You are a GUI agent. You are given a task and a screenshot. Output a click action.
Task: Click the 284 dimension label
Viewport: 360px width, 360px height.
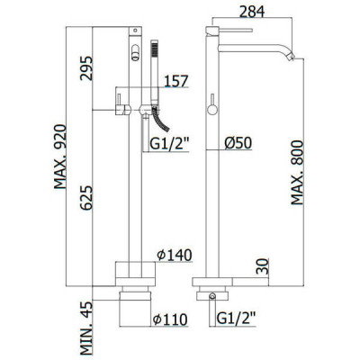coord(252,12)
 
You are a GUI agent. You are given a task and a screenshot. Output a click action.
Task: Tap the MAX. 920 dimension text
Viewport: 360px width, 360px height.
coord(60,157)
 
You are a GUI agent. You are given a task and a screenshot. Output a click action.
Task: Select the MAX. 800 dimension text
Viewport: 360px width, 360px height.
coord(297,173)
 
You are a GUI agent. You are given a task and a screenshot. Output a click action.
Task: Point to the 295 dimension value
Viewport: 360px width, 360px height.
coord(86,68)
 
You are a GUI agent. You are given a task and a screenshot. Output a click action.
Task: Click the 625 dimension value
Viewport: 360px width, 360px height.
coord(86,198)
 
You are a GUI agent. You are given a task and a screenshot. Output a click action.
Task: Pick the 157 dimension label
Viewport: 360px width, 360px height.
coord(176,81)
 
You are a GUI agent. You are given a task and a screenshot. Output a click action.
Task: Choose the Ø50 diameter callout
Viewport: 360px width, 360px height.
coord(238,143)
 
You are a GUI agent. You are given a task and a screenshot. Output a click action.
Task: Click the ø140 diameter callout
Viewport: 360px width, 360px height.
coord(175,256)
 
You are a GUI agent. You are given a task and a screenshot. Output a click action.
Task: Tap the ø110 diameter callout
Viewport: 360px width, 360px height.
coord(170,319)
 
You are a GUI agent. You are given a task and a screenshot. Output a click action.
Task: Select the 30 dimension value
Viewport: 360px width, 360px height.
coord(262,266)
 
